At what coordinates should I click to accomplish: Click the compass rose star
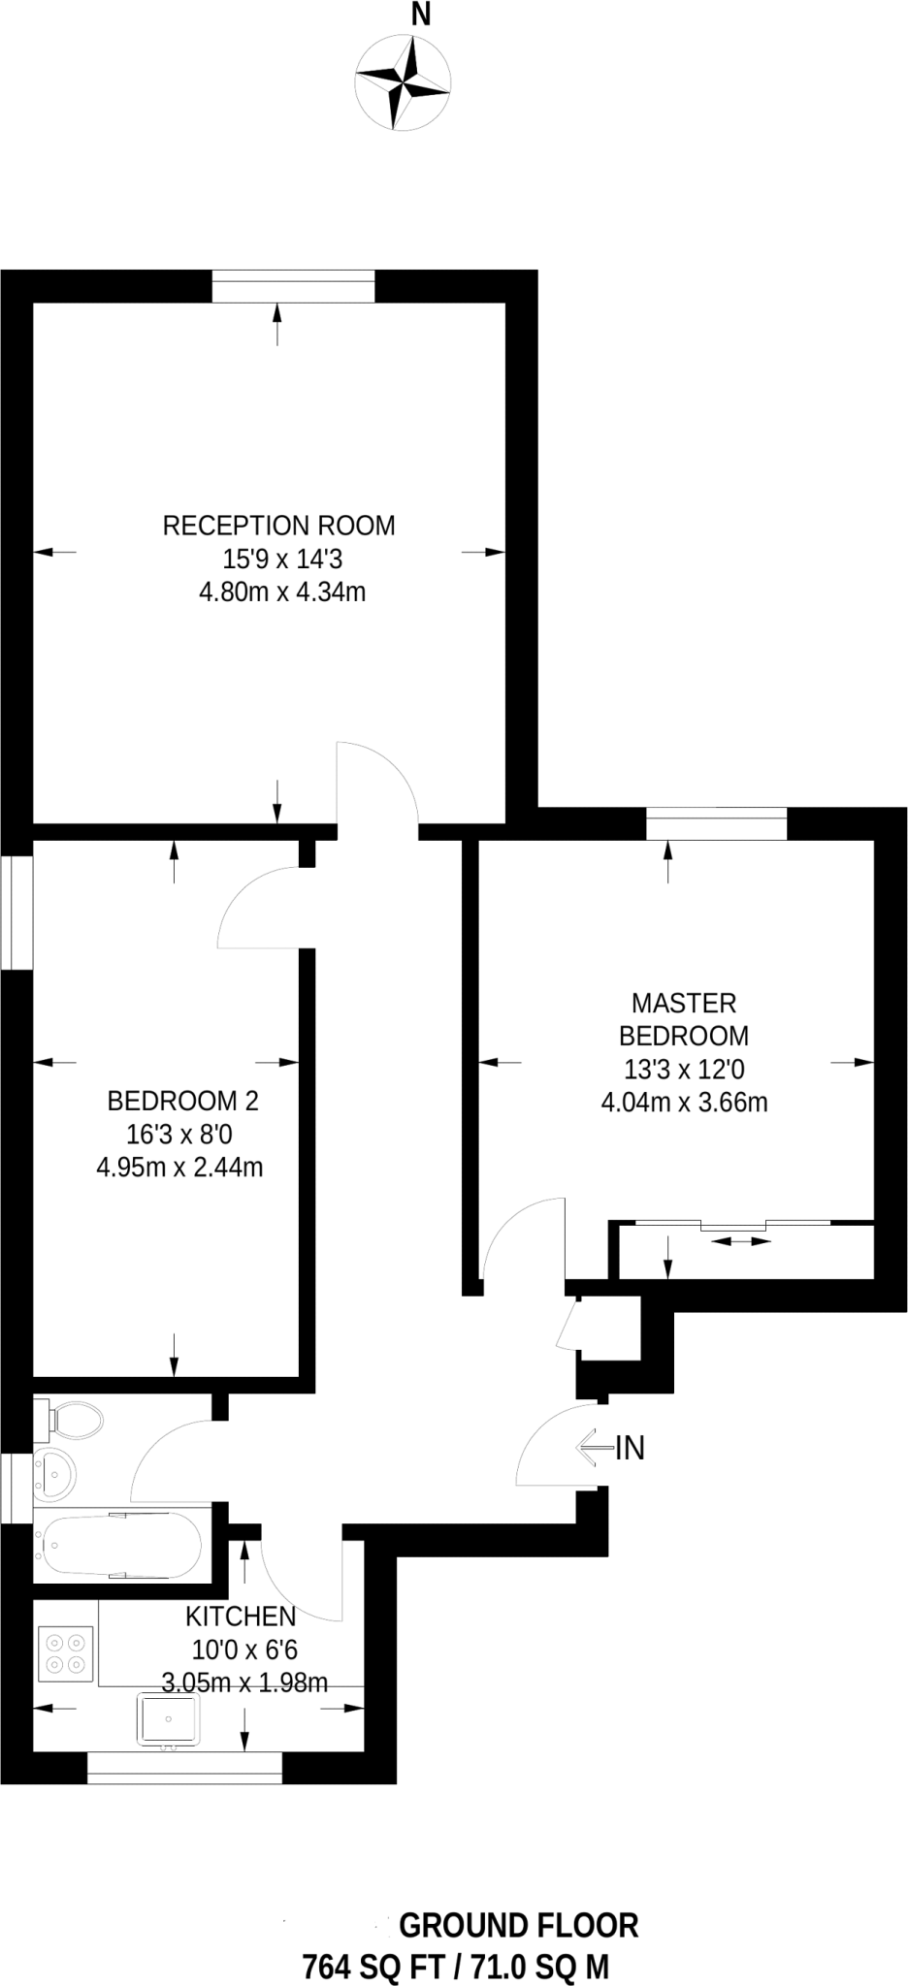coord(403,83)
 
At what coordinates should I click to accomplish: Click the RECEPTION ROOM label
coord(279,526)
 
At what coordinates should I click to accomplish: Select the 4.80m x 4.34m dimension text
coord(282,592)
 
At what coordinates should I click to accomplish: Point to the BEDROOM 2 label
coord(182,1101)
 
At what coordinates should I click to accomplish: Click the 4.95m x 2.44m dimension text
coord(179,1167)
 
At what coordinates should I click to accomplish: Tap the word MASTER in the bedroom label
coord(684,1002)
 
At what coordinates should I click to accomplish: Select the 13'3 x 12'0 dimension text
coord(684,1069)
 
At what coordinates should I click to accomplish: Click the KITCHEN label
coord(241,1616)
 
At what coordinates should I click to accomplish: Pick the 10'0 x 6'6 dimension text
coord(244,1649)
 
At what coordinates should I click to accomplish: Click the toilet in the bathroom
coord(72,1420)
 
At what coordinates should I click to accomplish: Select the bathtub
coord(121,1544)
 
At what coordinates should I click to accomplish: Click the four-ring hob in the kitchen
coord(66,1654)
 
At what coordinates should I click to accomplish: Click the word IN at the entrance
coord(630,1448)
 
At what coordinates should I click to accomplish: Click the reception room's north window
coord(293,288)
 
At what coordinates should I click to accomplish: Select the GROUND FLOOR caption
coord(519,1925)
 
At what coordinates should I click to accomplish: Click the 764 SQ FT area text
coord(373,1967)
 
